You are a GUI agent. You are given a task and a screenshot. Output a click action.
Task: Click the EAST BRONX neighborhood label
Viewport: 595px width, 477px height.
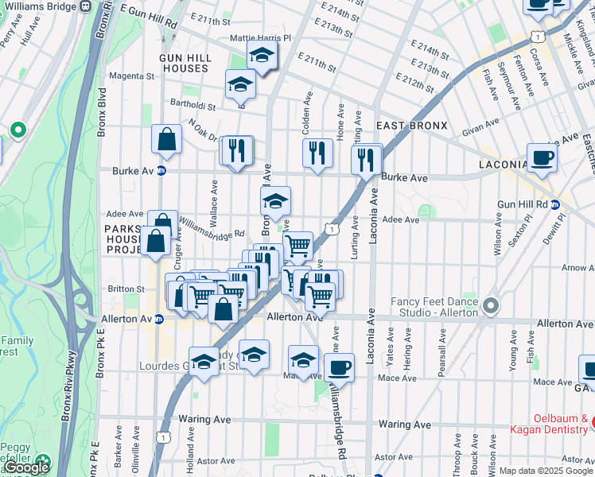[x=412, y=126]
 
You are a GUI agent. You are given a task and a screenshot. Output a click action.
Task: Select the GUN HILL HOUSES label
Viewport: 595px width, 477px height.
[x=183, y=63]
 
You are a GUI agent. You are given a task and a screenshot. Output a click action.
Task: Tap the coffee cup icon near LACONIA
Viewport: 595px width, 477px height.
[x=542, y=158]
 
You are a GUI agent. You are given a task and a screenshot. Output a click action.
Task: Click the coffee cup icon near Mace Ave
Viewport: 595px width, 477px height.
[x=339, y=368]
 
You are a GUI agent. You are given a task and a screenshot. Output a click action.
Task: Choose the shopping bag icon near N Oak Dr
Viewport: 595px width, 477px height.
[x=167, y=140]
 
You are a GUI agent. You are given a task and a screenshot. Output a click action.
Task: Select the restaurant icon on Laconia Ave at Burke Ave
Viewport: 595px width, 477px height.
[x=367, y=159]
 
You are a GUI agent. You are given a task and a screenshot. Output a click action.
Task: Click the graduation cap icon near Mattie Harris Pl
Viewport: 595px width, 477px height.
[x=261, y=56]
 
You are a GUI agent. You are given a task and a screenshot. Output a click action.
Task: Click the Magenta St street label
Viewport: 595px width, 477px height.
[x=131, y=76]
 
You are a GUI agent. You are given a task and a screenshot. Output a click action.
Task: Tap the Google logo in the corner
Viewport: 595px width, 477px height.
[x=26, y=467]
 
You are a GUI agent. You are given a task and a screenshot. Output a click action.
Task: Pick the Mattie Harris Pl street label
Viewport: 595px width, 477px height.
[x=261, y=37]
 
